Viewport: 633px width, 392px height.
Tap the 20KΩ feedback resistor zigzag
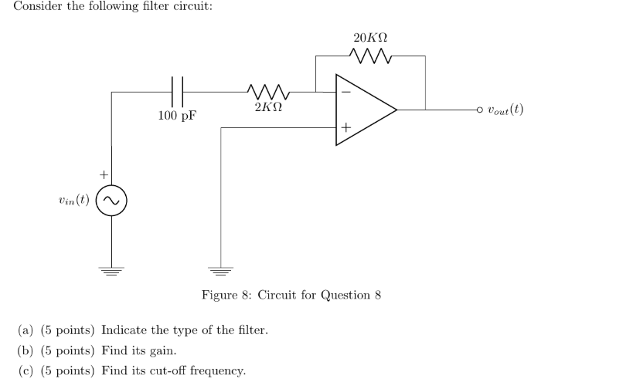372,56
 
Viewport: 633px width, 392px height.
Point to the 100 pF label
177,117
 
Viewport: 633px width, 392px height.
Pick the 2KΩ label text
267,107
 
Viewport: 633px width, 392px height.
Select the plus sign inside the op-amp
345,127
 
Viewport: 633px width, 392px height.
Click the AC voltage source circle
112,201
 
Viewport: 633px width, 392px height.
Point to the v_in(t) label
73,201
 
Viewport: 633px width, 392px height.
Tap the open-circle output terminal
480,110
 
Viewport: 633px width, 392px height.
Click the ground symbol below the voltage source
112,269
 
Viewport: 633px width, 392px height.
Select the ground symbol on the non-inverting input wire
221,269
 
